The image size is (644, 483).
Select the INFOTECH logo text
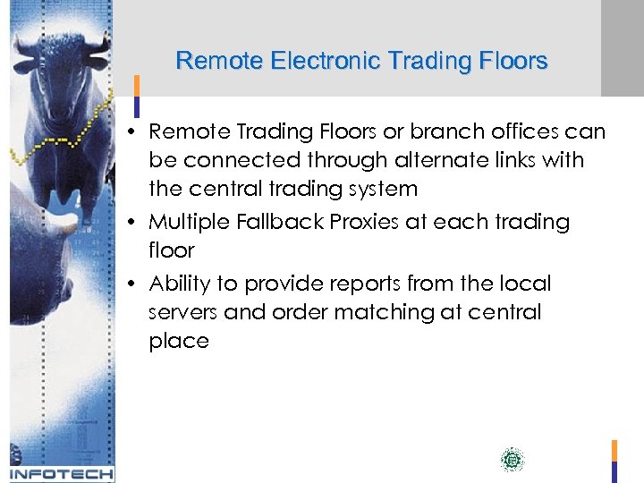point(61,473)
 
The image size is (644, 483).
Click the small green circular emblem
point(512,461)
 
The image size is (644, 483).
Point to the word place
point(179,341)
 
